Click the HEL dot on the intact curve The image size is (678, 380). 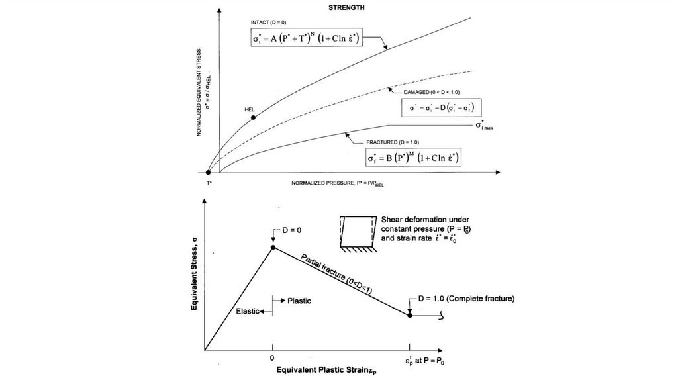pyautogui.click(x=254, y=117)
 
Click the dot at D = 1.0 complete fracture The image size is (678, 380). pyautogui.click(x=410, y=316)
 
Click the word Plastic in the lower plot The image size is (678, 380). pyautogui.click(x=299, y=300)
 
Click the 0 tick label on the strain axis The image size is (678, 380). pyautogui.click(x=272, y=358)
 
